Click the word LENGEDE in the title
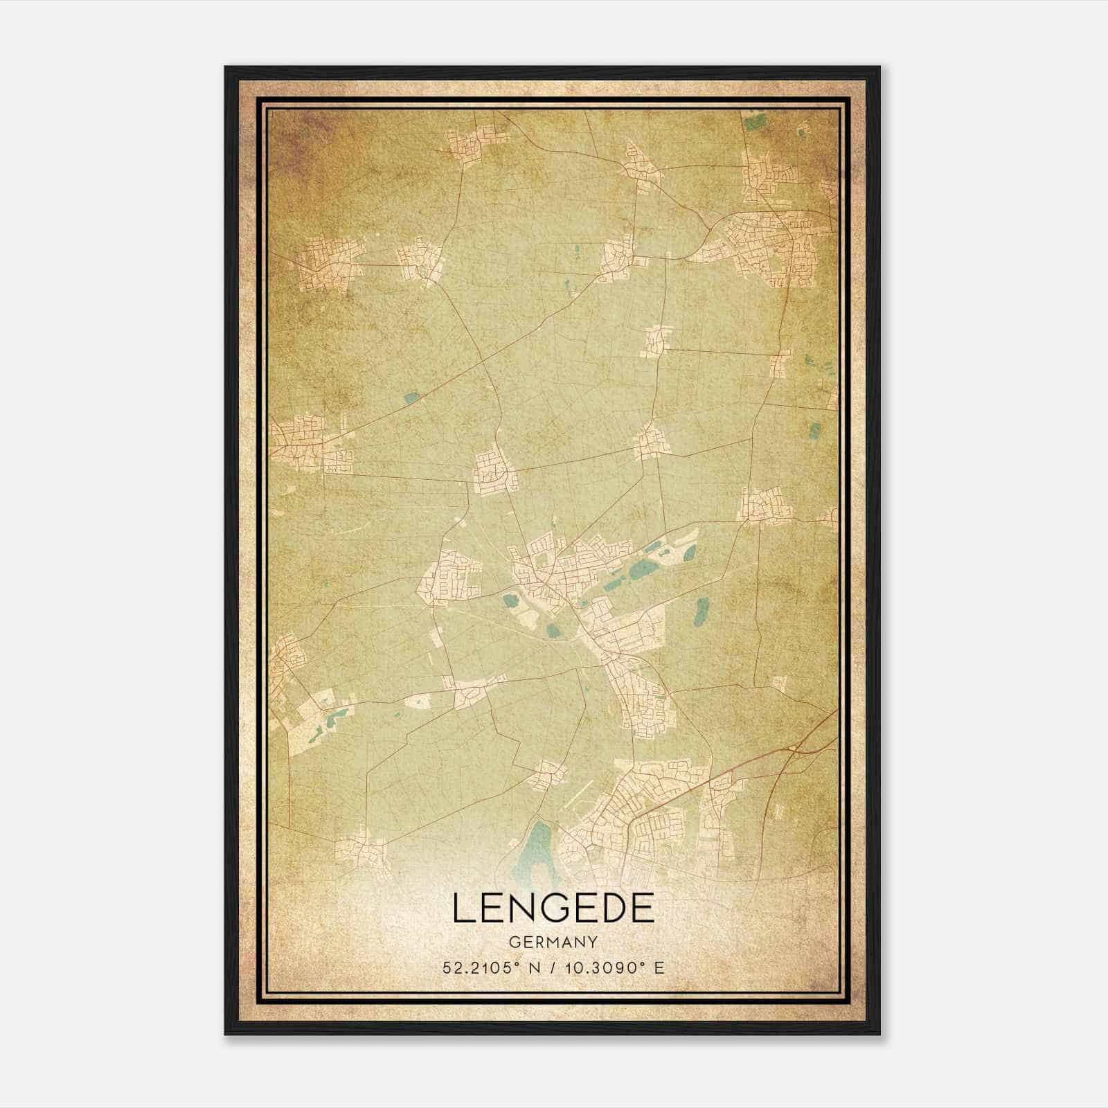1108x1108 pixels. [x=553, y=908]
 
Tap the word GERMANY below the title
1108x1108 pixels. [x=553, y=942]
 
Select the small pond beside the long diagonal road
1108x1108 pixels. [x=411, y=397]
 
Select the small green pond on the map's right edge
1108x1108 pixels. [x=815, y=431]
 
